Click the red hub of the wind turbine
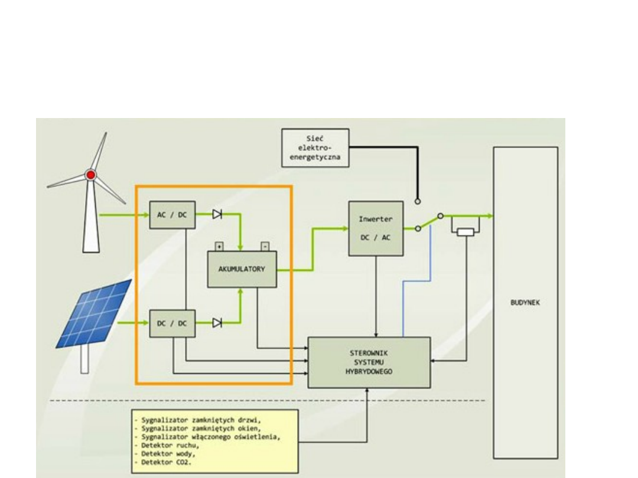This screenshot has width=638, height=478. coord(90,175)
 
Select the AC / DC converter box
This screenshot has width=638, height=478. coord(172,215)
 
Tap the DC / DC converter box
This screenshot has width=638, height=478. coord(172,323)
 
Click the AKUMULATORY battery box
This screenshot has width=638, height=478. coord(242,270)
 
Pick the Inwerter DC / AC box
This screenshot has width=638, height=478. coord(372,228)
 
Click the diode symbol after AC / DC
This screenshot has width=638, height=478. coord(217,215)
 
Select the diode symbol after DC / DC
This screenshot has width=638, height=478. coord(217,323)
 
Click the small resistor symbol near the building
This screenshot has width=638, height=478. coord(467,232)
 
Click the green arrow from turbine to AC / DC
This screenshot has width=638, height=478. coord(124,215)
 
